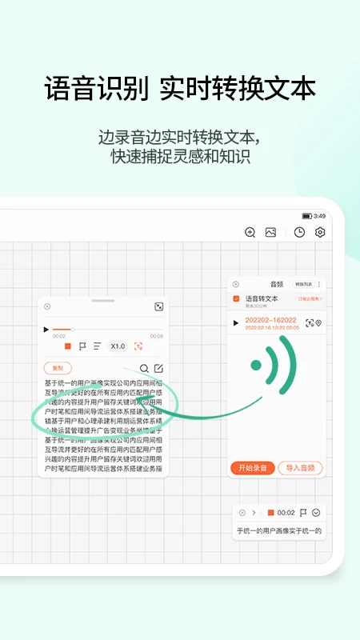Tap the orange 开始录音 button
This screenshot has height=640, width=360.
(253, 468)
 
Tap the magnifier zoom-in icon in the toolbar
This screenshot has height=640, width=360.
(250, 232)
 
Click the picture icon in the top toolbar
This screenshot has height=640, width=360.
(271, 232)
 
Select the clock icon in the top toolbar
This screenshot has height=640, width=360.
(299, 232)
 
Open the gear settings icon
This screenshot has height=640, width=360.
(320, 232)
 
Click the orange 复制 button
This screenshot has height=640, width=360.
(57, 368)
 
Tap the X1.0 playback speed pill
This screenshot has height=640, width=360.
(118, 346)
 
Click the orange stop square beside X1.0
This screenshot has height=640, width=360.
(68, 346)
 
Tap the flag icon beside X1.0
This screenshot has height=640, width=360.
(82, 346)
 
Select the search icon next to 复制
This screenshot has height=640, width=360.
(144, 368)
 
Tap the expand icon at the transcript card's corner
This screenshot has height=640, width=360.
(158, 306)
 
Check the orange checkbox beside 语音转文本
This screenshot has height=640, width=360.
(236, 298)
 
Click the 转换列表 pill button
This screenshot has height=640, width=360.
(303, 284)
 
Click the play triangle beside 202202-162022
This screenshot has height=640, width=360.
(235, 323)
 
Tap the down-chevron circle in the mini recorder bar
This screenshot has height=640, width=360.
(316, 513)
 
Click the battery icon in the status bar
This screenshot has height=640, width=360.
(306, 216)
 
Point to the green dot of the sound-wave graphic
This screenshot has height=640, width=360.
(256, 366)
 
